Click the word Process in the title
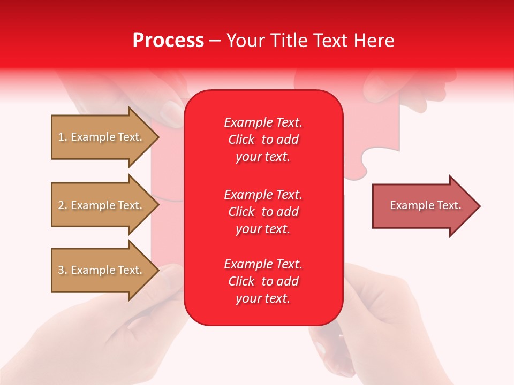[168, 41]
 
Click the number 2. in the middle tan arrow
[63, 205]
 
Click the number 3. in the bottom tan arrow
[63, 270]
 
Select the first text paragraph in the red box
[263, 140]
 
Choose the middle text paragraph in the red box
[263, 212]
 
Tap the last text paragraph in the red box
[263, 281]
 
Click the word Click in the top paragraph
[241, 140]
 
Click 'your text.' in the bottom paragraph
[263, 298]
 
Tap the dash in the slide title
[215, 41]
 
